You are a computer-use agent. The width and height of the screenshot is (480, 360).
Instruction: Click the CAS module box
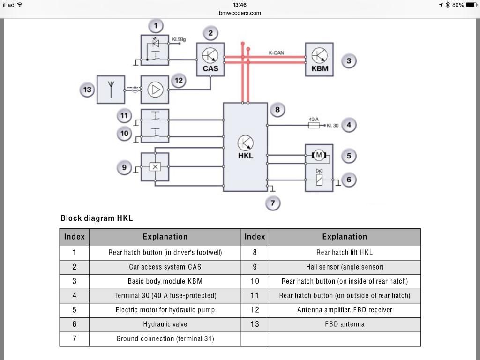[210, 60]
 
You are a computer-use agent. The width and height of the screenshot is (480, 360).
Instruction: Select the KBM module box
[320, 60]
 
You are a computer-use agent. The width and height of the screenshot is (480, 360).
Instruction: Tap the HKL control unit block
[245, 147]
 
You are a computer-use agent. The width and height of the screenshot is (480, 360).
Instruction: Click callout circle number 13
[88, 90]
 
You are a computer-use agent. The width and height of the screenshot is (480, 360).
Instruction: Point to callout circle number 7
[272, 203]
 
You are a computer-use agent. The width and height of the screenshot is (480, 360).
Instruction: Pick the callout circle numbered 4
[349, 125]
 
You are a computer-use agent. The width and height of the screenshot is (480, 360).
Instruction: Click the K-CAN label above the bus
[276, 53]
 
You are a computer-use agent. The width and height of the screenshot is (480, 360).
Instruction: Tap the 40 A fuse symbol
[314, 125]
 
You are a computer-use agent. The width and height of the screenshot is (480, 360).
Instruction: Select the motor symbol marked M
[319, 155]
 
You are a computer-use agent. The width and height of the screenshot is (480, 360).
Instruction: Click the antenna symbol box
[111, 90]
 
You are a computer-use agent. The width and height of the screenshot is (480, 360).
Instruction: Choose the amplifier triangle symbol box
[155, 90]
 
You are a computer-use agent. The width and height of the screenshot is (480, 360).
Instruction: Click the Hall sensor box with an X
[155, 166]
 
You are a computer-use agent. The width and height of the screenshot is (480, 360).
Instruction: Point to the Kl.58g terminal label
[179, 40]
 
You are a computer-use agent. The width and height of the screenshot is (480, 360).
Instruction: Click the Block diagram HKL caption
[97, 218]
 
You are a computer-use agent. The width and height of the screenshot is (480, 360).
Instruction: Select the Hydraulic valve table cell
[165, 324]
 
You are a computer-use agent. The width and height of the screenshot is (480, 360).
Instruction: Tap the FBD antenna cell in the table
[345, 324]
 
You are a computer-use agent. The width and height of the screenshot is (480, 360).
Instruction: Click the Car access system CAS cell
[165, 267]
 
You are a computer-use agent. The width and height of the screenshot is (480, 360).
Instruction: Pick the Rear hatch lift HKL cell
[345, 252]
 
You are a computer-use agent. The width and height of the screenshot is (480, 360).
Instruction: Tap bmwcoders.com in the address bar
[240, 13]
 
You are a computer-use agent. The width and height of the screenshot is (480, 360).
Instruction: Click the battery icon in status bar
[471, 5]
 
